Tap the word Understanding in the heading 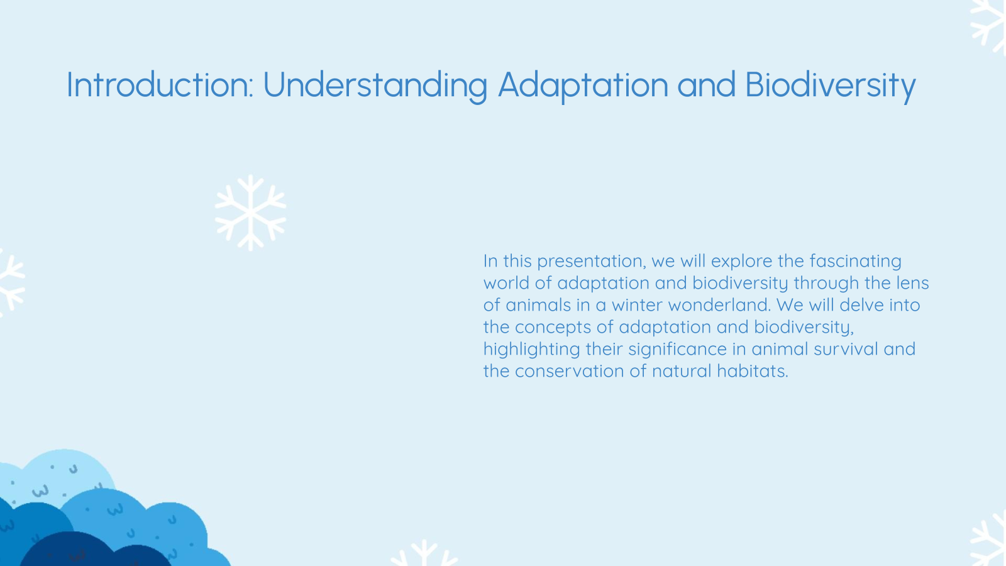(x=375, y=86)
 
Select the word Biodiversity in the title (x=830, y=86)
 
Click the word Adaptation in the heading (x=583, y=86)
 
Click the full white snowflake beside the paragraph (x=250, y=213)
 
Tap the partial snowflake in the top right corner (x=990, y=25)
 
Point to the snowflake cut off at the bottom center (x=424, y=555)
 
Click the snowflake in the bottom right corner (x=991, y=541)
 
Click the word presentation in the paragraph (x=591, y=261)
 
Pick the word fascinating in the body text (x=855, y=261)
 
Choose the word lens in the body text (x=912, y=283)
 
